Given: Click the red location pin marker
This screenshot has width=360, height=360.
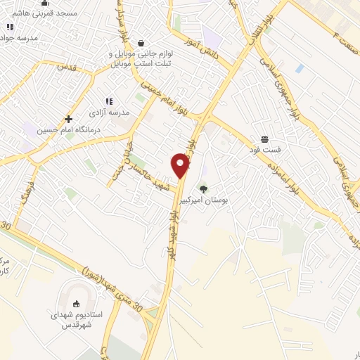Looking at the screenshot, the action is (x=181, y=165).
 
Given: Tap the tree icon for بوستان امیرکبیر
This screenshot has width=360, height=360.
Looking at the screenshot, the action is (x=204, y=188).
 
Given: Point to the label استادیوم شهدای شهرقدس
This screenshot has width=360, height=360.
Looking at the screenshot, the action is (x=77, y=321).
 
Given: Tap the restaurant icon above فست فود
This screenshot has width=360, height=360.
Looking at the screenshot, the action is (x=264, y=139).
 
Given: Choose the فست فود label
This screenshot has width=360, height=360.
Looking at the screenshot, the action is (x=265, y=150).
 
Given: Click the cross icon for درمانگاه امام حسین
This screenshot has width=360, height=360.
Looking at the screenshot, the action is (x=68, y=119).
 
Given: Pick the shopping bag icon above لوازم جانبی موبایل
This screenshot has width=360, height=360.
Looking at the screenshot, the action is (x=141, y=42).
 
